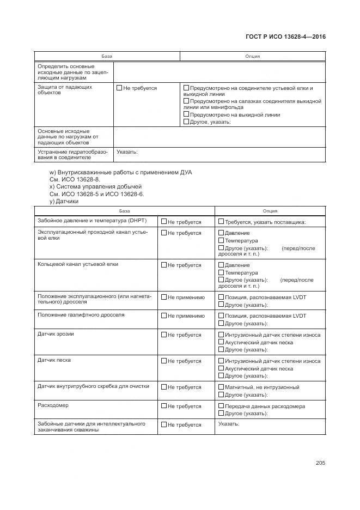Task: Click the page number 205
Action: coord(320,463)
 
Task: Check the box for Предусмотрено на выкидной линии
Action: coord(186,115)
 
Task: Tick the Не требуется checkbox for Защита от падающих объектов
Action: coord(119,88)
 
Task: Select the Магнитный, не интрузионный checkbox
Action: coord(221,387)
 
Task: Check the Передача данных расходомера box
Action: coord(221,406)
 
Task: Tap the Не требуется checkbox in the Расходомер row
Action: coord(164,406)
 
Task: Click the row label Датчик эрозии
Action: coord(56,334)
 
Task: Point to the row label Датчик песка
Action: coord(54,360)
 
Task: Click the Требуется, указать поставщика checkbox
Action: coord(221,222)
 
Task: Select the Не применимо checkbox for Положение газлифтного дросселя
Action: coord(164,316)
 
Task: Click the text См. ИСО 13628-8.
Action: coord(75,179)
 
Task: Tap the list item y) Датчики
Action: coord(64,201)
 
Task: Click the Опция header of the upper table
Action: coord(252,56)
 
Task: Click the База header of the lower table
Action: coord(125,211)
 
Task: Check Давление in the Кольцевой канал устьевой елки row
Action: coord(221,265)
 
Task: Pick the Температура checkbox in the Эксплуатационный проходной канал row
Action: coord(221,241)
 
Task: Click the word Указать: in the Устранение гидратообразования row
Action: coord(127,152)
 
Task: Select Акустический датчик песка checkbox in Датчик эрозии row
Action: coord(221,343)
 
